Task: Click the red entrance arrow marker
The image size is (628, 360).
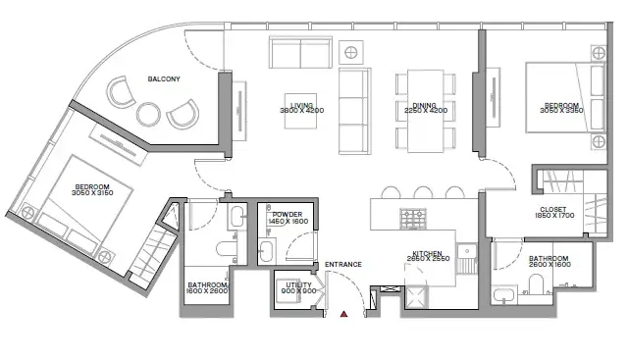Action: pos(343,314)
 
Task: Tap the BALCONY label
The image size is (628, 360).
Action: pos(164,78)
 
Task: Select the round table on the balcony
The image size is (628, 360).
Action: pos(148,115)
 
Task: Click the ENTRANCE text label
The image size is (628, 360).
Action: pos(343,264)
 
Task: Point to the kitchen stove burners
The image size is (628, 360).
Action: pos(413,219)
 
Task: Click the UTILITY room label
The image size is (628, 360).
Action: pos(298,284)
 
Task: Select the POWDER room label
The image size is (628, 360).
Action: pos(288,215)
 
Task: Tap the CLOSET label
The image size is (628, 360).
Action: pos(553,210)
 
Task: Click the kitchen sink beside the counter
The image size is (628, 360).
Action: pos(467,251)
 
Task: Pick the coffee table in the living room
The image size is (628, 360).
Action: pos(301,111)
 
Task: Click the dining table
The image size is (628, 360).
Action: pos(425,111)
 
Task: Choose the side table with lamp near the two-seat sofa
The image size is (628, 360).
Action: pos(351,52)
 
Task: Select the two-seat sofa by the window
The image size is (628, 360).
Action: pos(300,52)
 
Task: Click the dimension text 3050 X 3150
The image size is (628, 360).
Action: pos(92,193)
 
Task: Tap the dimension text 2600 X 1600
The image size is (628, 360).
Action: pos(549,265)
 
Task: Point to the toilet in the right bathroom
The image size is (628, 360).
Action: pos(536,283)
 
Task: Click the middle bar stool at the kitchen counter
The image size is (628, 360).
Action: pos(423,192)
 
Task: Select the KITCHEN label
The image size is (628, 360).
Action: pos(428,253)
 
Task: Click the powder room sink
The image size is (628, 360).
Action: pos(266,251)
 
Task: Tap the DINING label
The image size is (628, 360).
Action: pos(424,106)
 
